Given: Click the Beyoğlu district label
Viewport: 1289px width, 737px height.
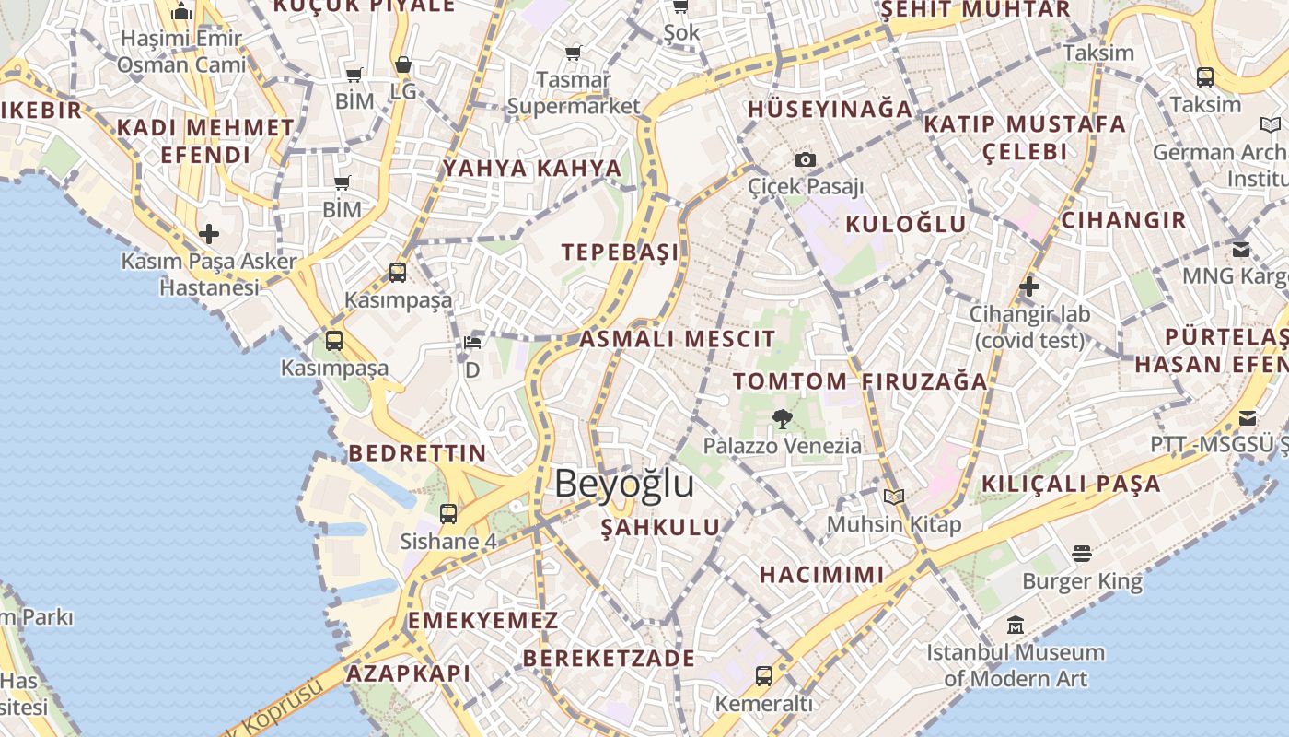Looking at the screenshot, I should pos(623,484).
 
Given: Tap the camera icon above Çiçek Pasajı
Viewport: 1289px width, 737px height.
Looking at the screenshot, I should pos(806,159).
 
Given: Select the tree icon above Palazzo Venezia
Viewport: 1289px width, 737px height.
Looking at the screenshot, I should pos(783,419).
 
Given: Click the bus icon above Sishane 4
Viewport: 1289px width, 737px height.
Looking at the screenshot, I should pos(448,514).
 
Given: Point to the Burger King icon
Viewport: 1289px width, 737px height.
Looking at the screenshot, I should pos(1082,554).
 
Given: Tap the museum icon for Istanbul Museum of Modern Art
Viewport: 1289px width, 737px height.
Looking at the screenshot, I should pos(1016,625).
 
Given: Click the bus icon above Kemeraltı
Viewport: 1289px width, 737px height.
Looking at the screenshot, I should pos(764,676).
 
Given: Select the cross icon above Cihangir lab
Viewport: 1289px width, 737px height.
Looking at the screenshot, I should pos(1029,287).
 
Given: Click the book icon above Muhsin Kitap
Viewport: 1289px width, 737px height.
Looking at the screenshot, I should pos(894,497).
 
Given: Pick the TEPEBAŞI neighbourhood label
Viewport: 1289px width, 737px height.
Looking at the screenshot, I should pos(621,252).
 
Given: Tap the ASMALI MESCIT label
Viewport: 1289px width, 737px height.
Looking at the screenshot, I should pos(678,339).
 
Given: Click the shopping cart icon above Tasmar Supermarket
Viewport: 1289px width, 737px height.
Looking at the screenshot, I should pos(574,53).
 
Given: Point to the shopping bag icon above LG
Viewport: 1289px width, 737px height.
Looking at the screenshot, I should pos(403,64).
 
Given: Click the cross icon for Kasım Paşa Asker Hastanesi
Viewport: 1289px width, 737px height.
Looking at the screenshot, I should pos(209,234).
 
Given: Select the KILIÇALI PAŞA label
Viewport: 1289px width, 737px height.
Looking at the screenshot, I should pos(1072,484).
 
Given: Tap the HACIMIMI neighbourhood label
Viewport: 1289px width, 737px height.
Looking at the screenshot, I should pos(822,575).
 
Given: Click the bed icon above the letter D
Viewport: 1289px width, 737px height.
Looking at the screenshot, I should pos(472,343).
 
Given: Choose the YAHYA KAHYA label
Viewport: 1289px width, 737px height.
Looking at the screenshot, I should pos(533,169).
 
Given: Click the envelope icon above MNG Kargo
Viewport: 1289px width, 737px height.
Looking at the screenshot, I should pos(1241,249).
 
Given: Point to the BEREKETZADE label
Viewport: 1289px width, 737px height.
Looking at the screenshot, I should pos(610,659).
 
